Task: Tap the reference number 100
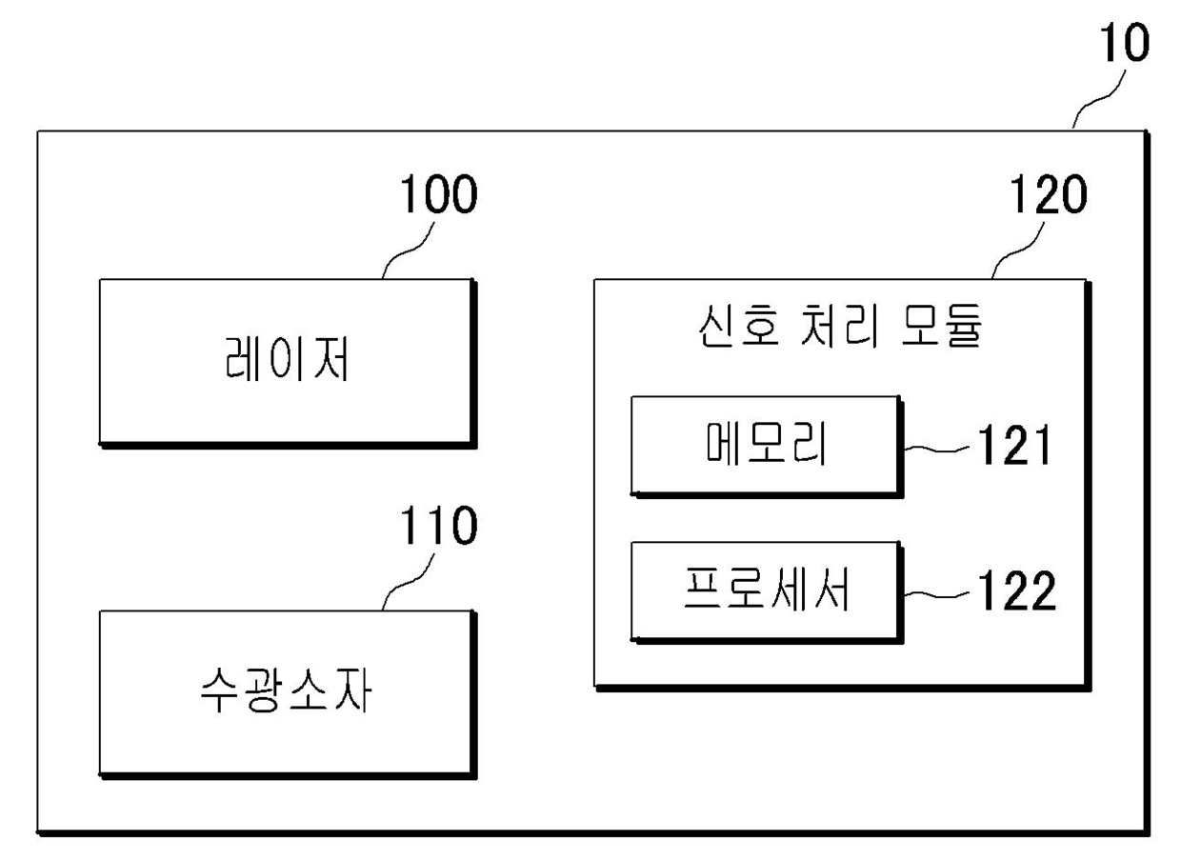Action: click(437, 197)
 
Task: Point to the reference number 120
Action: click(1046, 197)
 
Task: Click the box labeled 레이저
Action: click(286, 362)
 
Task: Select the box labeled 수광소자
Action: click(286, 693)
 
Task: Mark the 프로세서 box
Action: click(766, 591)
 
